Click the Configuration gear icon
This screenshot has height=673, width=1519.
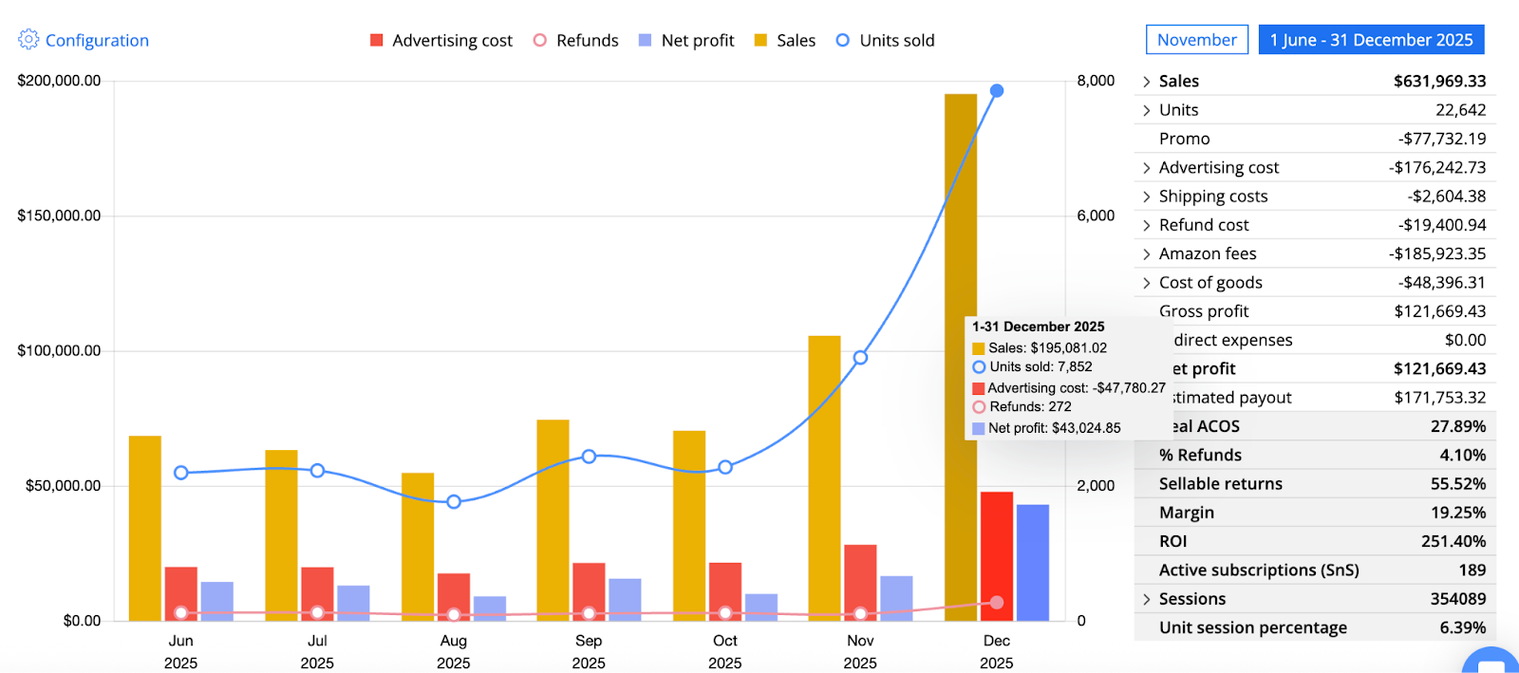tap(28, 39)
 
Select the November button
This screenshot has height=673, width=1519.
tap(1196, 40)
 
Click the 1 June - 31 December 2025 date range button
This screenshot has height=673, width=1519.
tap(1371, 40)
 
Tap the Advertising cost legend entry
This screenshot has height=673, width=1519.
tap(441, 41)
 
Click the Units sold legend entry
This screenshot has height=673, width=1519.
tap(885, 41)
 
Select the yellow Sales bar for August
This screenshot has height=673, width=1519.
tap(418, 547)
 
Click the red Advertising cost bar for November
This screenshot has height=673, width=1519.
tap(860, 581)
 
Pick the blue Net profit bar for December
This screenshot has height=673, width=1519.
tap(1033, 562)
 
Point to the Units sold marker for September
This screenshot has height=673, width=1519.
tap(589, 457)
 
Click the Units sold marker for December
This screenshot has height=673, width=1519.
tap(997, 91)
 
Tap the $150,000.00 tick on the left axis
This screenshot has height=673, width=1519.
tap(59, 215)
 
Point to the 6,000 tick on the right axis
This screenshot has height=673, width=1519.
tap(1096, 215)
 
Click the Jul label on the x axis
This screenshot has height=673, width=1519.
tap(317, 641)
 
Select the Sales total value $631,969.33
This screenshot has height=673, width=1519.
tap(1439, 82)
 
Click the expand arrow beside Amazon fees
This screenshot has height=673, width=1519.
tap(1147, 254)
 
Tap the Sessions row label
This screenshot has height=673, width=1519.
tap(1192, 599)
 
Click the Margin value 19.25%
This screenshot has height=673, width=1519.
tap(1458, 513)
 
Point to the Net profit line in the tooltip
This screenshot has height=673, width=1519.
tap(1054, 428)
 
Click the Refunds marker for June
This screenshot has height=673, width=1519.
tap(181, 613)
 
